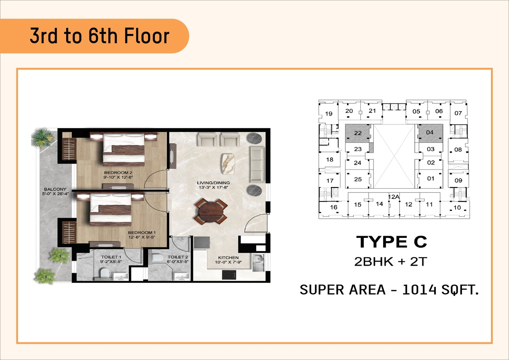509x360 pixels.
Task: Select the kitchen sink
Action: click(x=258, y=263)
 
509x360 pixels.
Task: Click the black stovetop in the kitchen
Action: click(x=229, y=275)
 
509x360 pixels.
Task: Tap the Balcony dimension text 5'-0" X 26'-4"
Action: click(x=55, y=194)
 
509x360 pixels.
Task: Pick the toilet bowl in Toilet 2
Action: click(x=158, y=258)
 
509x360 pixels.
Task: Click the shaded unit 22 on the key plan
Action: click(x=358, y=133)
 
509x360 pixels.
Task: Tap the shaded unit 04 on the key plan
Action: click(x=430, y=133)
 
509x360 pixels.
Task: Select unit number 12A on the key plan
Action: click(x=394, y=197)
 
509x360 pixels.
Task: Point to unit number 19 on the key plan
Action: click(x=329, y=114)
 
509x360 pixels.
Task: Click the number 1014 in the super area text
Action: click(x=419, y=290)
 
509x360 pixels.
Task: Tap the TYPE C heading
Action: click(x=392, y=242)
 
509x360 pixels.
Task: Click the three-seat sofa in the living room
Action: click(x=257, y=164)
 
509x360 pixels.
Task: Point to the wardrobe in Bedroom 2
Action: click(x=69, y=149)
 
